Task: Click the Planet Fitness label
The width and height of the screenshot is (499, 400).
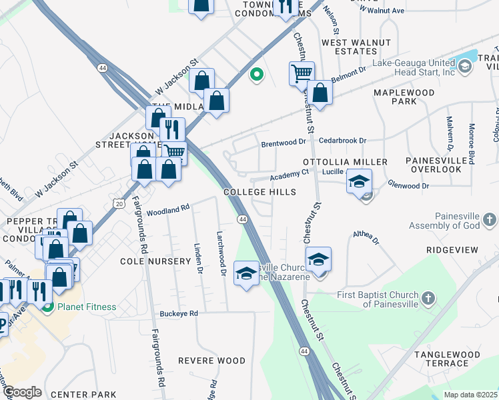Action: [87, 307]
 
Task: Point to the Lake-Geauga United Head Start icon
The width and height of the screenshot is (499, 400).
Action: [464, 65]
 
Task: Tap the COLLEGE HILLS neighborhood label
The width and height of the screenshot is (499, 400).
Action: [260, 192]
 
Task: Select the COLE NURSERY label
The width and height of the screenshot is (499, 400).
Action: [155, 261]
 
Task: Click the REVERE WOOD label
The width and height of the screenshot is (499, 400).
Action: [217, 361]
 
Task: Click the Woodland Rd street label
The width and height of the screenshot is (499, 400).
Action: [169, 210]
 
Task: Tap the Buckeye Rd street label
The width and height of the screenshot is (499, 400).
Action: [179, 313]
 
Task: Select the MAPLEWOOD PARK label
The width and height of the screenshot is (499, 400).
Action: [404, 97]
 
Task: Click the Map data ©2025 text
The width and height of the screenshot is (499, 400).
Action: [470, 395]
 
